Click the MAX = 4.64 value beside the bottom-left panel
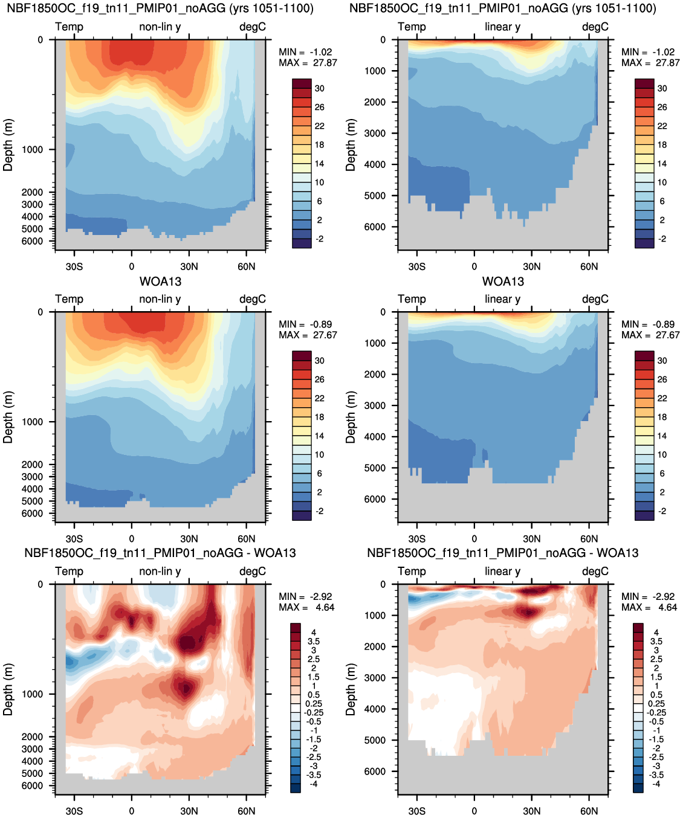click(306, 607)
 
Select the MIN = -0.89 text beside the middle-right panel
click(648, 324)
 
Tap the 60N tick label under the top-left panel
click(246, 267)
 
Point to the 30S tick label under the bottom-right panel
click(417, 811)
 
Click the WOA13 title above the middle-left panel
click(160, 282)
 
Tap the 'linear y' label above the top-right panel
click(503, 27)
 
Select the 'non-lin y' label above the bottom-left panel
click(160, 571)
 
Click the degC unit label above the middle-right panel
click(595, 299)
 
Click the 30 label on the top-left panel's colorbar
click(320, 89)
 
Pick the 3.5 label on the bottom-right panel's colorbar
click(656, 642)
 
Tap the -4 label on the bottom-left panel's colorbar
click(313, 784)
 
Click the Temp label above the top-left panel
click(69, 27)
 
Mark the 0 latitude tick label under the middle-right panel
click(474, 539)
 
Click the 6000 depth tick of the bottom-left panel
click(32, 785)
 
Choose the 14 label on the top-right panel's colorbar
click(662, 164)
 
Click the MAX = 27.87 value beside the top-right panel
click(650, 63)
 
